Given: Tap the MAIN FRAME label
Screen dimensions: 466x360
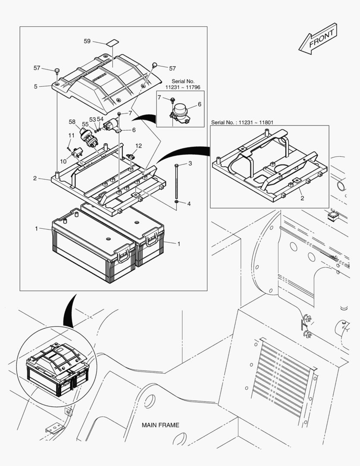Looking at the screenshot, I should [x=160, y=425].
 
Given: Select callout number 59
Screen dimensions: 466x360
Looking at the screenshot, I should [x=87, y=41].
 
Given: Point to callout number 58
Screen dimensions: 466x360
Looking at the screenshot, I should [x=72, y=122].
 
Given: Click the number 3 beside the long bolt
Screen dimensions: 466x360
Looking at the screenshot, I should [x=190, y=164].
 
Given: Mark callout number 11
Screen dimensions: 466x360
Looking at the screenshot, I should [x=71, y=135].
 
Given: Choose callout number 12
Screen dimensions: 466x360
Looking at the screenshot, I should [x=138, y=145].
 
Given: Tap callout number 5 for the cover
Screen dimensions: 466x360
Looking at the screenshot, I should [x=36, y=86].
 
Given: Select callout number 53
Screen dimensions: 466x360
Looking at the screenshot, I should [x=92, y=119].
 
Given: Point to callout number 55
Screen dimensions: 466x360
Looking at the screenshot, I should [x=85, y=124].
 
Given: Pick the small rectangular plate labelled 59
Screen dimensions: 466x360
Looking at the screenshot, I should [x=112, y=43].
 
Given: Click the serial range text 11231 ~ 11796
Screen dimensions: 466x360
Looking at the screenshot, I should [x=183, y=87].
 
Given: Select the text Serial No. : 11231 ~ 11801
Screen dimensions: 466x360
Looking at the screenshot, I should [x=242, y=123].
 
